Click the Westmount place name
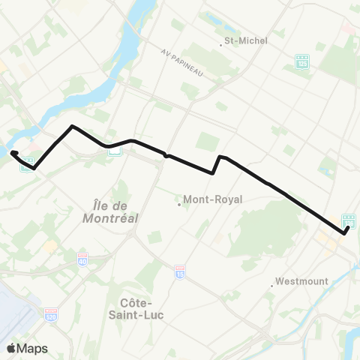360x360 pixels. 301,281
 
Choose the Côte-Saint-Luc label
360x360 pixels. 142,307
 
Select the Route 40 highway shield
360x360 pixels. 82,260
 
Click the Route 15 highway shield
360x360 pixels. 179,271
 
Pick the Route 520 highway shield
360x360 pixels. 51,313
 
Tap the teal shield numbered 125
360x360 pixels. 302,61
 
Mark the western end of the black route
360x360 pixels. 13,153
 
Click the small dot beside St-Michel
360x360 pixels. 221,43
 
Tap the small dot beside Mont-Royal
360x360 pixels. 178,202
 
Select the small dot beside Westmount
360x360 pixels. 271,283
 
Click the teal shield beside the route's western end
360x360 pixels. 27,163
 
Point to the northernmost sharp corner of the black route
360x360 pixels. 71,126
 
